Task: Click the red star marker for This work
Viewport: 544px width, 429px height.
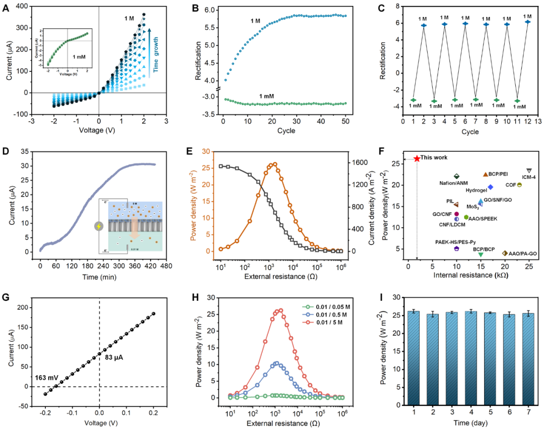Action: point(417,158)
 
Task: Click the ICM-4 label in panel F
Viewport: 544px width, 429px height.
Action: point(528,177)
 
